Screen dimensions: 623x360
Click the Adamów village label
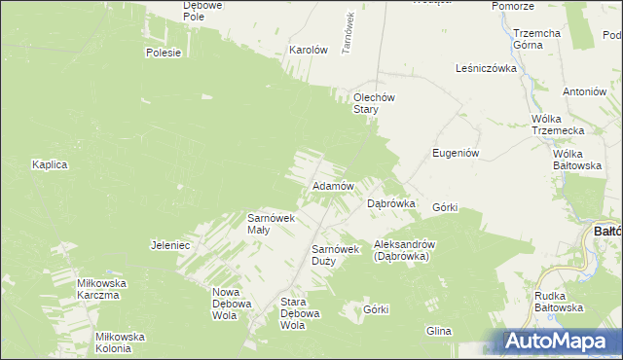332,185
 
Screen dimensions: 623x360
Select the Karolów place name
307,49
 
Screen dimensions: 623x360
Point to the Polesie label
164,53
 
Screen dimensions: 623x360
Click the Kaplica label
49,164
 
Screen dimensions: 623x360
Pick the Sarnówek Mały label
271,223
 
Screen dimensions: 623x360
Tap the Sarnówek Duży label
336,255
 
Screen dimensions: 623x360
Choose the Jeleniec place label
169,245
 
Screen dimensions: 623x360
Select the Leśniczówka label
485,68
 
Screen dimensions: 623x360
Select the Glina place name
438,331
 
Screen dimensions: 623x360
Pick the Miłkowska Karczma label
98,289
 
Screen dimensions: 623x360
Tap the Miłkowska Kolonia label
120,342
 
